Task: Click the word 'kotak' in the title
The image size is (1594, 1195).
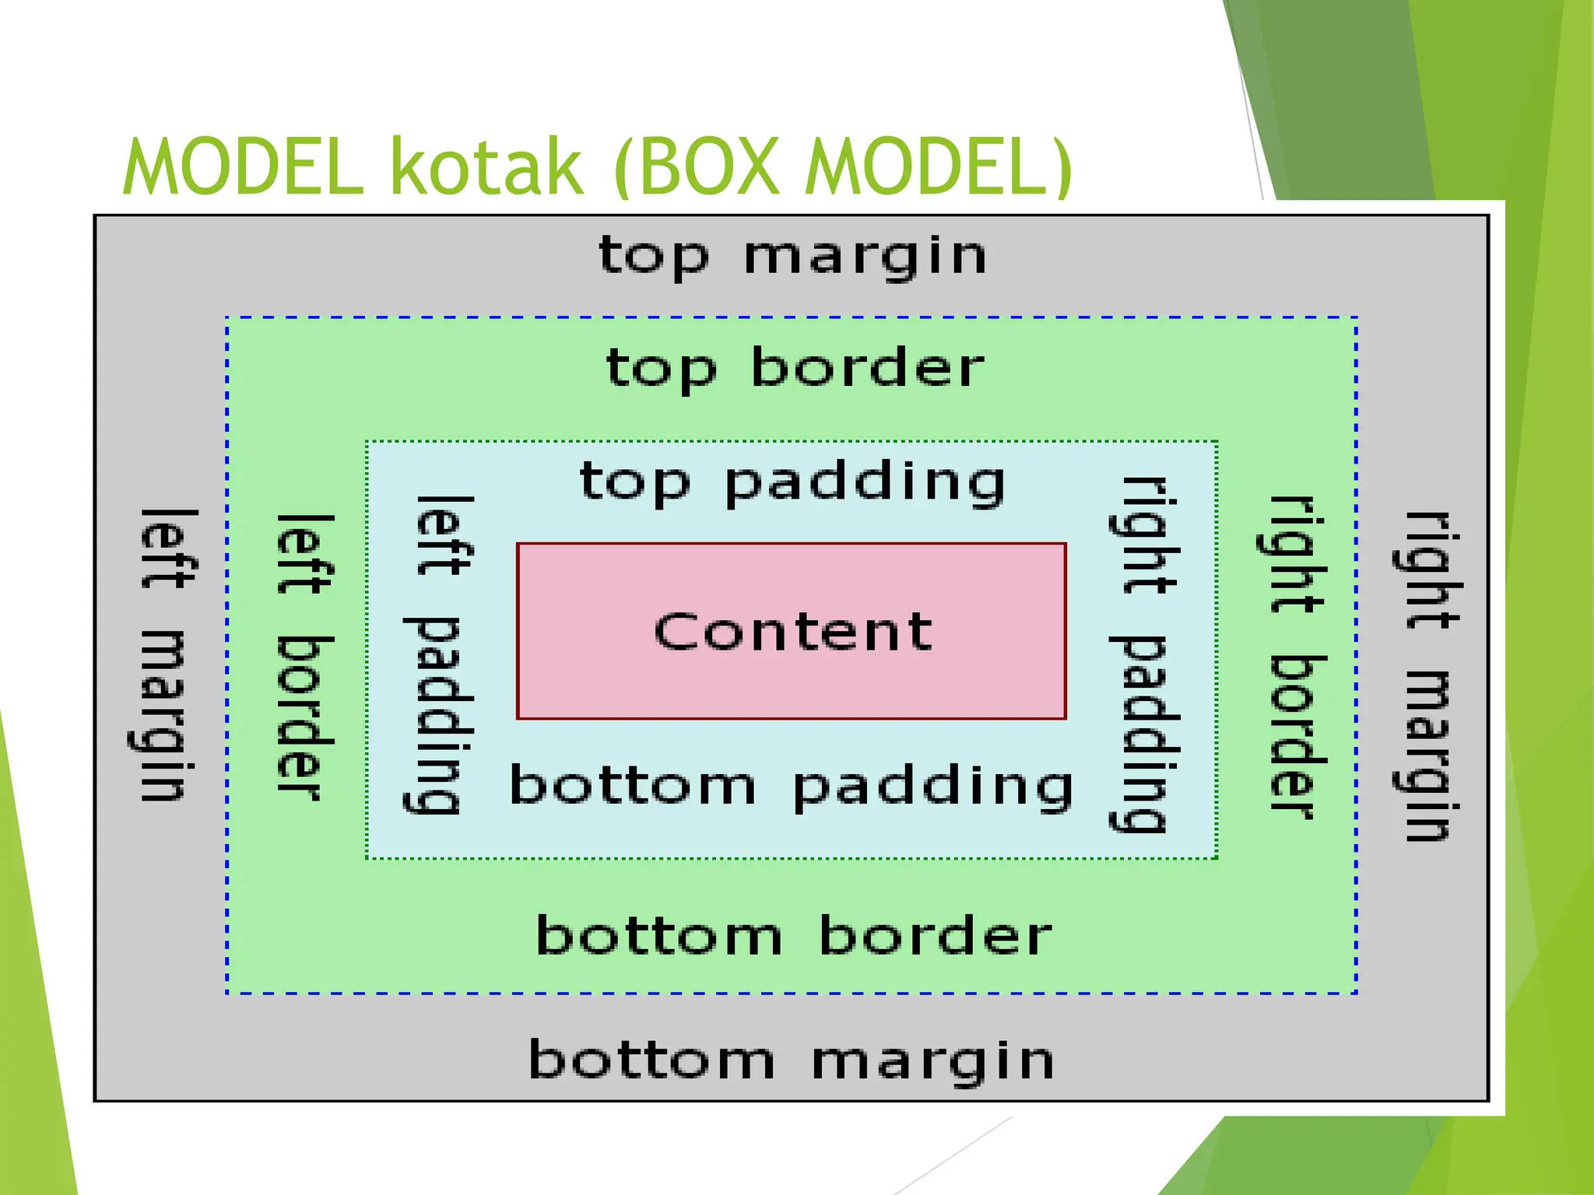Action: [486, 167]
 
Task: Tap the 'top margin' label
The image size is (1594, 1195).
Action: [792, 257]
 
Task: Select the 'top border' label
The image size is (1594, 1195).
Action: [795, 368]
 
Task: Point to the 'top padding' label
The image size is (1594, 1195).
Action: [792, 482]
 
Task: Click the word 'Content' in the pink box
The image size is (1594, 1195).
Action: [792, 632]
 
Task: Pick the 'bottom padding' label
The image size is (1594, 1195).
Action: [791, 786]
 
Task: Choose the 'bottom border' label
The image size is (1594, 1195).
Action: [794, 936]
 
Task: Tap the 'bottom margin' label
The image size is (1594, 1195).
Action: [791, 1060]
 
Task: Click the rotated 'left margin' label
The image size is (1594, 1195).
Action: [165, 655]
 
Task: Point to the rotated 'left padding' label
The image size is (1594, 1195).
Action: [440, 655]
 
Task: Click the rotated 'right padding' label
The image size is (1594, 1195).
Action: [1142, 655]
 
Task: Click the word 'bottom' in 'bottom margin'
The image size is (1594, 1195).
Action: [652, 1060]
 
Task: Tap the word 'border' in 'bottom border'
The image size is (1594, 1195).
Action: [936, 936]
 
